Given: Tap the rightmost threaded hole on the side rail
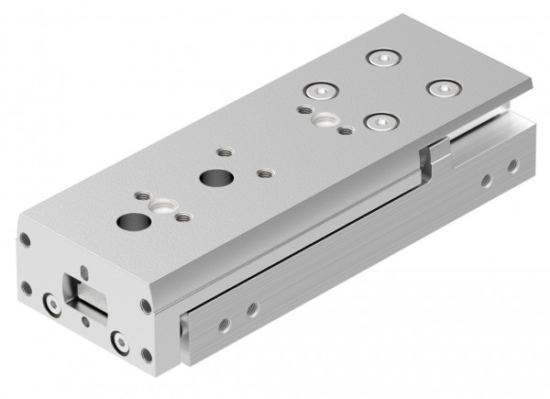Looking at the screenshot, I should click(512, 165).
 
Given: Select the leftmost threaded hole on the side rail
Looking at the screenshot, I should click(221, 323).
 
